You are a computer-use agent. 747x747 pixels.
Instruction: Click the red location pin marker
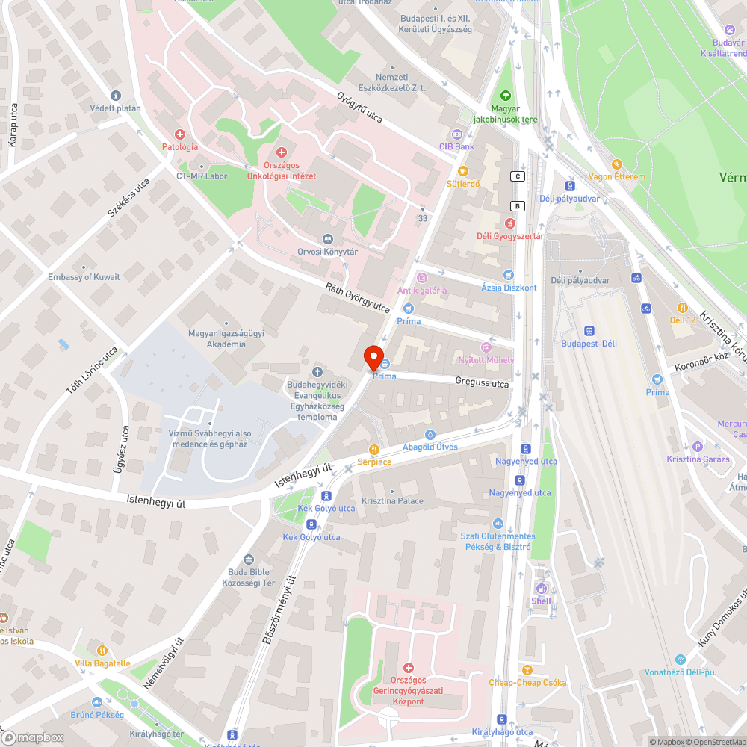(373, 357)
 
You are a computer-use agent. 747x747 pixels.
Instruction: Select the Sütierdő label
(463, 183)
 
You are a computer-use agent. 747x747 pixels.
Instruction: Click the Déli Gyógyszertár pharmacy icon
(510, 223)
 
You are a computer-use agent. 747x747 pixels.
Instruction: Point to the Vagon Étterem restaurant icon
(616, 164)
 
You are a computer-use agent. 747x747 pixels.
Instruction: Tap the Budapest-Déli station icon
(589, 330)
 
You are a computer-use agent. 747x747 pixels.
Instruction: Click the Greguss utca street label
(482, 383)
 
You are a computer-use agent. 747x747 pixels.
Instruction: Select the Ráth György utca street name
(357, 297)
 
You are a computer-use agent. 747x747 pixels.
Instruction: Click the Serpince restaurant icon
(373, 449)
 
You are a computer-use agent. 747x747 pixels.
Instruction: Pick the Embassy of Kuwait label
(84, 277)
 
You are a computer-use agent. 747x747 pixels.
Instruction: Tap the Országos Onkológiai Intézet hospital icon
(282, 152)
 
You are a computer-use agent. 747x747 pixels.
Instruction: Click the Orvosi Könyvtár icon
(326, 238)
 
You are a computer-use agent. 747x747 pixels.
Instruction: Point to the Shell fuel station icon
(542, 588)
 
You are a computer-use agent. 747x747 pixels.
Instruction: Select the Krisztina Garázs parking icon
(698, 446)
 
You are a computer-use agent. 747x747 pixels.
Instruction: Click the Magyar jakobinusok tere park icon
(506, 96)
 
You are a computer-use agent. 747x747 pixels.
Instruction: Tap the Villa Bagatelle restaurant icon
(102, 651)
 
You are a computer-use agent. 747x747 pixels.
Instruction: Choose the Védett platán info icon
(115, 95)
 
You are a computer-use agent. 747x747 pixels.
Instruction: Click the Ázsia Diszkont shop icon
(509, 275)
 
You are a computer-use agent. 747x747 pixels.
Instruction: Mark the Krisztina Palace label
(391, 501)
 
